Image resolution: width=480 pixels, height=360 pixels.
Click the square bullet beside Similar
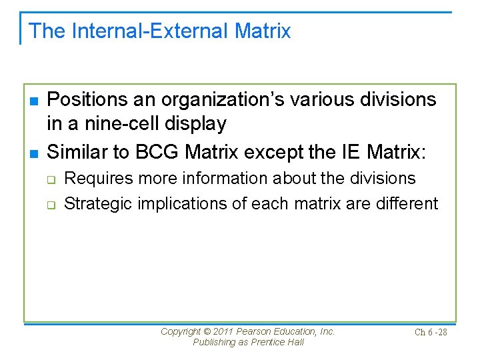pos(33,153)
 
